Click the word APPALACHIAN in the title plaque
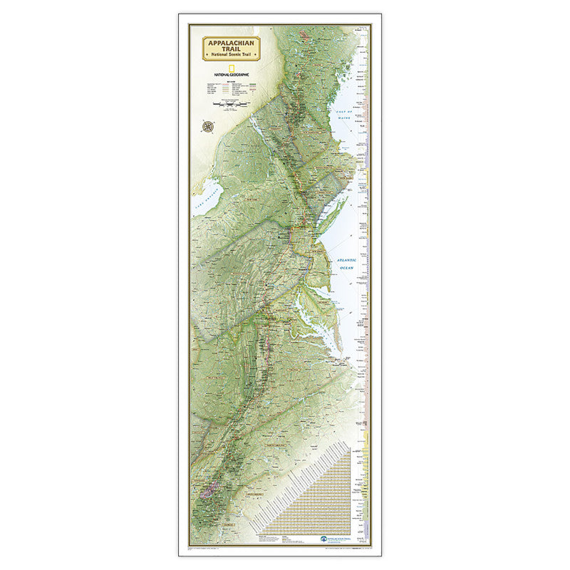231,42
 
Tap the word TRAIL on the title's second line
231,48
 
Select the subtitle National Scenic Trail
231,55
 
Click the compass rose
209,127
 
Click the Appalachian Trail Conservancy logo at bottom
335,541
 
